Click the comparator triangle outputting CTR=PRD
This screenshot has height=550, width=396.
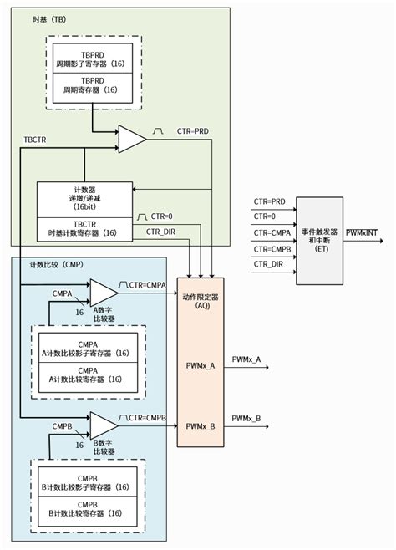coord(131,140)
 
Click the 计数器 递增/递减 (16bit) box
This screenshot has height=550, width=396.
coord(84,199)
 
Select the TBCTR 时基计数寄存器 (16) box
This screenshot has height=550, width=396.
coord(84,227)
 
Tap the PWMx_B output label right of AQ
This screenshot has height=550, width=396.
coord(246,418)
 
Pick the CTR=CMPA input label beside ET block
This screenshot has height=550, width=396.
coord(269,232)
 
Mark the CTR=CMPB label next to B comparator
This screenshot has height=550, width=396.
coord(148,417)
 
